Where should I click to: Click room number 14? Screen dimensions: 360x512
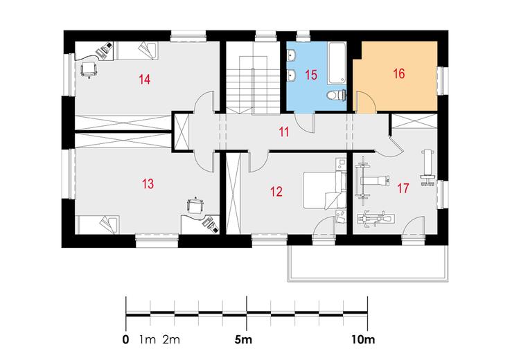click(144, 80)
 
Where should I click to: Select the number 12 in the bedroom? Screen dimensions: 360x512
click(276, 192)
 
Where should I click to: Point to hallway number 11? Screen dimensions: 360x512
click(283, 132)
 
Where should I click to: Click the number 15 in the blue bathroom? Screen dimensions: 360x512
click(310, 73)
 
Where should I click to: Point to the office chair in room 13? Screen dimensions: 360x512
click(194, 206)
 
